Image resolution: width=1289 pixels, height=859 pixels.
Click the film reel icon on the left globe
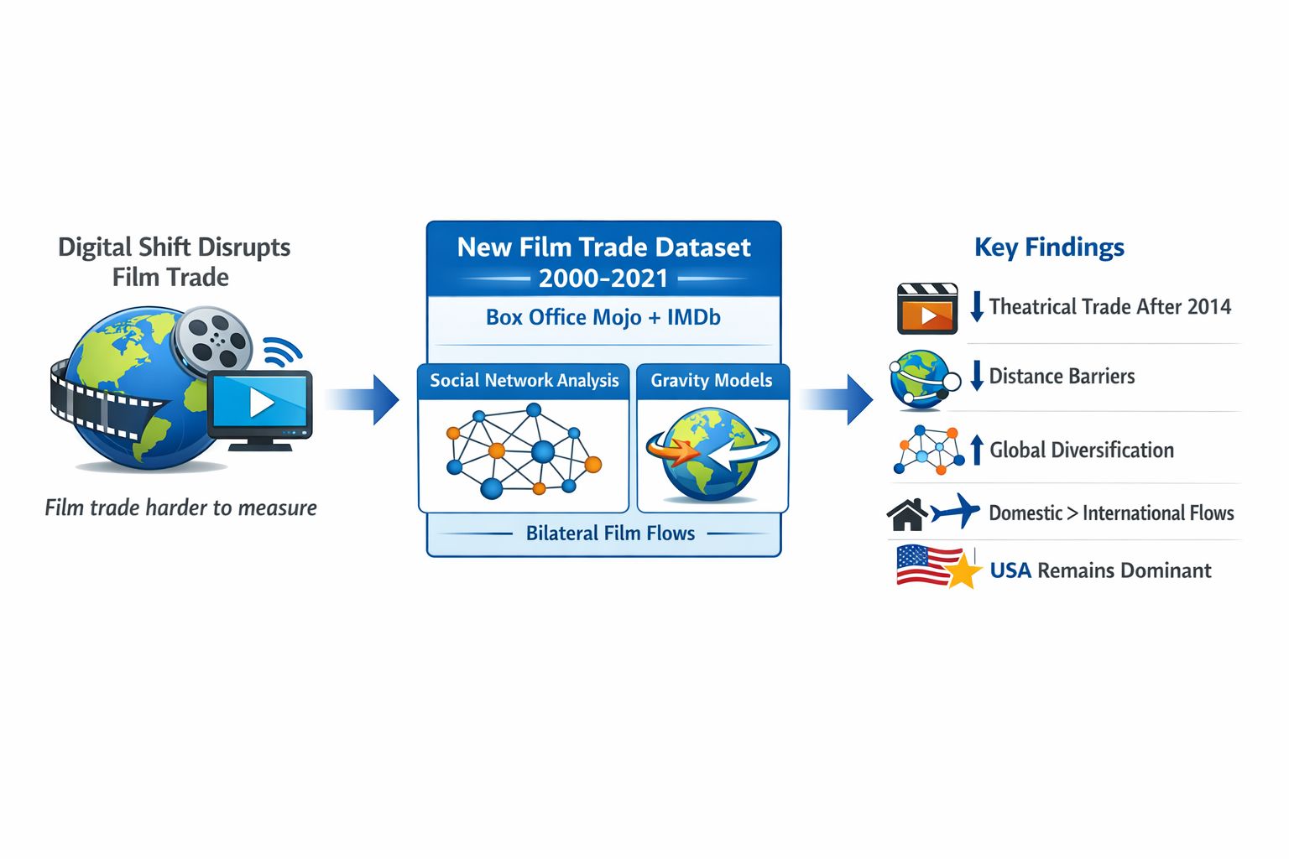213,341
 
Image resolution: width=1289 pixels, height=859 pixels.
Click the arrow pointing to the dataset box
364,399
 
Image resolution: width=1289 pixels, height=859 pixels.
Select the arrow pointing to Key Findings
838,399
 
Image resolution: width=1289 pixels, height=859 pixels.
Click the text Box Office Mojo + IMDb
603,317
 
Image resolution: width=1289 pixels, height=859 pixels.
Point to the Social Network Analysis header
524,381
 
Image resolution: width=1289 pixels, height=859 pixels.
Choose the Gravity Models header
712,381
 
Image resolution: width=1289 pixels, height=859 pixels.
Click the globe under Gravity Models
712,455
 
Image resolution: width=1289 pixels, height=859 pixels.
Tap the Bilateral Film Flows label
610,534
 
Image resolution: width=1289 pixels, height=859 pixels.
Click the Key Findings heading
1049,247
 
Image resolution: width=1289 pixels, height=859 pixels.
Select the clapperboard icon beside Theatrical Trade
926,309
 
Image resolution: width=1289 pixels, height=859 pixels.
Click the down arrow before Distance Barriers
977,376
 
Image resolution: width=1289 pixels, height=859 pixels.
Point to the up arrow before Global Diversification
977,449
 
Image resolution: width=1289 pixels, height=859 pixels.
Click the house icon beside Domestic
907,514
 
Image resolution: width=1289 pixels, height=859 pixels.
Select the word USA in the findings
1010,571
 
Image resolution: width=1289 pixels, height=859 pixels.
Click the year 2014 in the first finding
1209,307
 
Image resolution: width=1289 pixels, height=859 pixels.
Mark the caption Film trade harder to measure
180,508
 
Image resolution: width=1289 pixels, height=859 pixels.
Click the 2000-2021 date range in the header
603,279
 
